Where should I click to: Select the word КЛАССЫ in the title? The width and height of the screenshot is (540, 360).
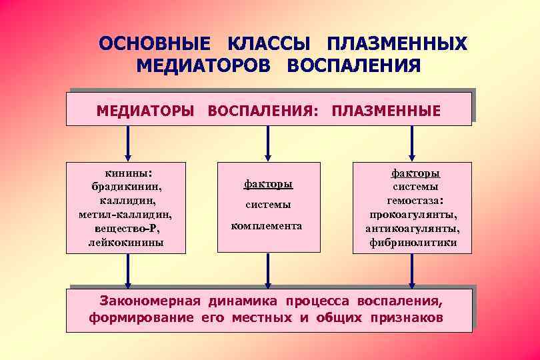click(x=270, y=44)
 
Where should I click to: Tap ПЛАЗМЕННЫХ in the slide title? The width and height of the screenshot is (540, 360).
click(x=397, y=44)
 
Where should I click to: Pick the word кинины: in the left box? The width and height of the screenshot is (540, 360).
click(x=127, y=171)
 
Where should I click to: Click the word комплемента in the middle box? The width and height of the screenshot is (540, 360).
click(x=267, y=226)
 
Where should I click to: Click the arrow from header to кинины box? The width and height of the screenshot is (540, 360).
click(x=128, y=142)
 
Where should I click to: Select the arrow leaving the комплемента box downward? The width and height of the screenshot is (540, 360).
click(x=268, y=269)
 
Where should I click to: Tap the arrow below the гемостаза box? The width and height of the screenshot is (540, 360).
click(x=411, y=269)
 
